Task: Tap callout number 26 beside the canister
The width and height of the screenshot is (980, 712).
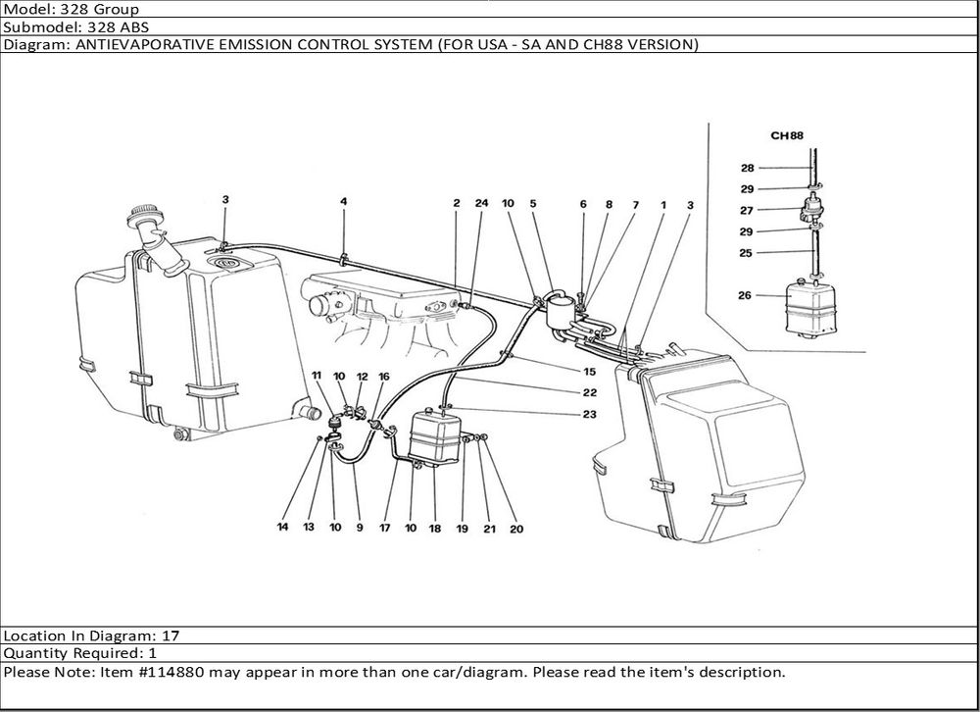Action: click(x=746, y=294)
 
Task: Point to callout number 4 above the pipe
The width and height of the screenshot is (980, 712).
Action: click(x=344, y=202)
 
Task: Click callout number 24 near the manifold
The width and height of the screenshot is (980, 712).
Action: click(x=481, y=203)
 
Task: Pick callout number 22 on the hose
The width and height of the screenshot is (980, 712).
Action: click(x=589, y=392)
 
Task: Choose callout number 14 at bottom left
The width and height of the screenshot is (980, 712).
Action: click(x=282, y=528)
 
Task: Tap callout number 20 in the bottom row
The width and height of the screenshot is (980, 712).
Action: click(x=516, y=530)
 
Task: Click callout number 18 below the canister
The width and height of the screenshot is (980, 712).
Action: click(x=435, y=528)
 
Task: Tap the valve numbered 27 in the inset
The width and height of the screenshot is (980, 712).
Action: click(x=812, y=209)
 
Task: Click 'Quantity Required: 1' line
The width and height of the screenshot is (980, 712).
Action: click(x=79, y=653)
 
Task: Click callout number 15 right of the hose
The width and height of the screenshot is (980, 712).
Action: click(x=589, y=371)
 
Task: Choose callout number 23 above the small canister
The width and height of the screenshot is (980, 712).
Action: click(x=589, y=414)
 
